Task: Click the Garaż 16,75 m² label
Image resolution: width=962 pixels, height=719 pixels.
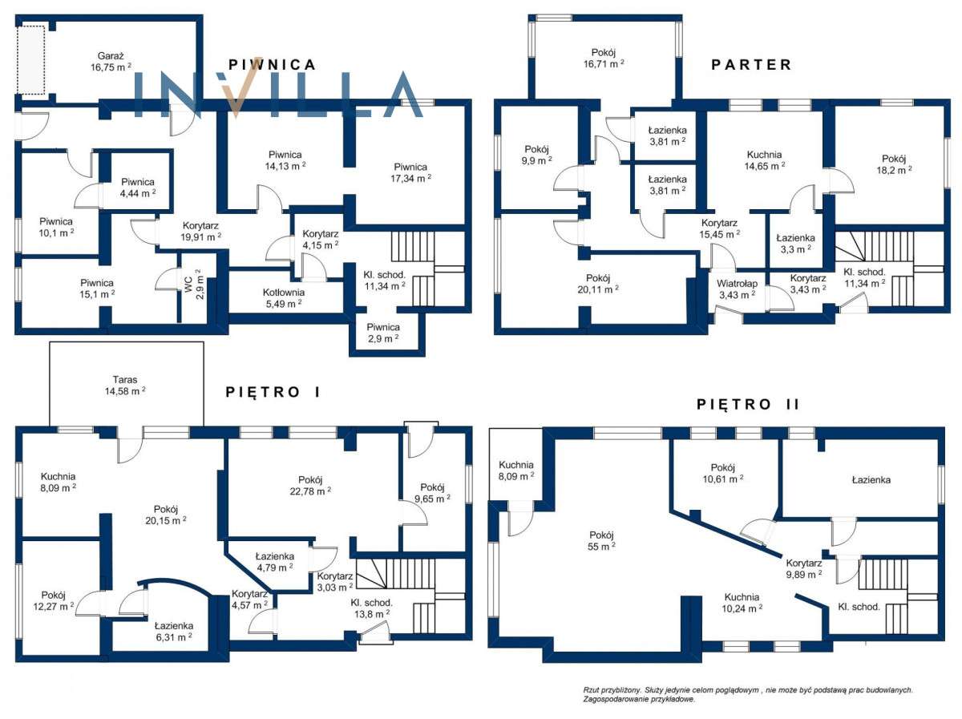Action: [111, 62]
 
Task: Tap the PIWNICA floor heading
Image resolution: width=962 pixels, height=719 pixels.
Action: [272, 65]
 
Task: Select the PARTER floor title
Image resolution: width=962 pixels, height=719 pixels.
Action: [751, 65]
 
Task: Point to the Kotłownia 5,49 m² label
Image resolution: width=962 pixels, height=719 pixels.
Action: [284, 298]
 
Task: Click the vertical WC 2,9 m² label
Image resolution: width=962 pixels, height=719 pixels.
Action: [194, 285]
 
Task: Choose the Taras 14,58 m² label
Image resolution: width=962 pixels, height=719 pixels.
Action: [125, 386]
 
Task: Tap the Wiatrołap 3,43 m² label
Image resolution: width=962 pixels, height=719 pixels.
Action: [737, 289]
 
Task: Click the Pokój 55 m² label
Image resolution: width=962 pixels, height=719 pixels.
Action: [601, 541]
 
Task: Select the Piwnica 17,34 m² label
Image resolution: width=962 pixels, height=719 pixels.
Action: [410, 172]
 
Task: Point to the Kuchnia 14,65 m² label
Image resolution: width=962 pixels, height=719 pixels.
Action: [764, 160]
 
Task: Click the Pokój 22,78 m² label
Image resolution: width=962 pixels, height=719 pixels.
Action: [310, 486]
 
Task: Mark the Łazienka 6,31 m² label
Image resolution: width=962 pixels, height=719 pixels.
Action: [174, 632]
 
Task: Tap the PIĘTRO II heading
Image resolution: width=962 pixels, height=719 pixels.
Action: [748, 404]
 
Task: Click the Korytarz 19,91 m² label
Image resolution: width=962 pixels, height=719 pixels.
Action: [200, 232]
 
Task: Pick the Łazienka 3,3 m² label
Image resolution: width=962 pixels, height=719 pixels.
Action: [795, 244]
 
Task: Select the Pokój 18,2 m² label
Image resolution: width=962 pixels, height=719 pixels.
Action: [894, 164]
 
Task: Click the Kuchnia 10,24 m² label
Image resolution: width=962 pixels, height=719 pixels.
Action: [742, 603]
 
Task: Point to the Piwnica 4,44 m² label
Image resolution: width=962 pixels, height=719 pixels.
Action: [138, 188]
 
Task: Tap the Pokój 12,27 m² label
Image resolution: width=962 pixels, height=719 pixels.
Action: [54, 600]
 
